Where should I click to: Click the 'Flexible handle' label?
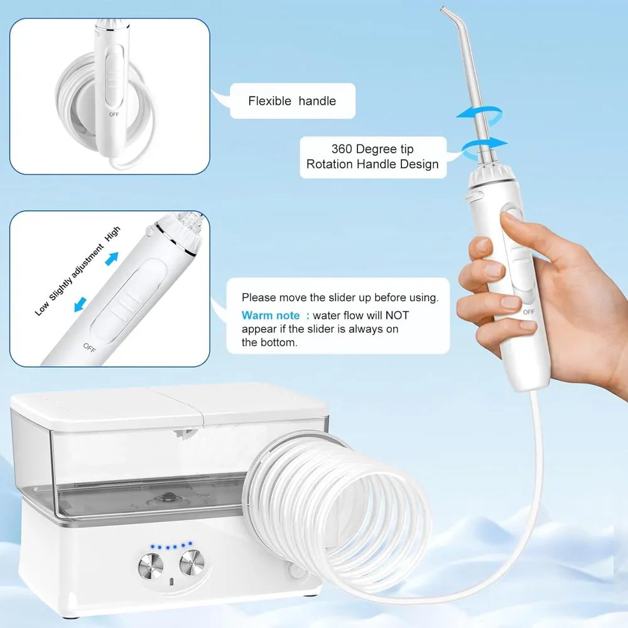point(292,101)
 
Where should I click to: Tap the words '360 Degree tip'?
point(372,149)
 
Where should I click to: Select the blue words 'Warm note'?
point(271,316)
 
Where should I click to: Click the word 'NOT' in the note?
point(397,316)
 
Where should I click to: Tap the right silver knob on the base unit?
point(192,562)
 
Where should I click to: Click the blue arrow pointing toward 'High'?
point(112,258)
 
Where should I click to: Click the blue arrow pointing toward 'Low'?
point(80,305)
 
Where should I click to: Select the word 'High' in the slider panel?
point(112,234)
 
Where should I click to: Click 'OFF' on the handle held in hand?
point(529,312)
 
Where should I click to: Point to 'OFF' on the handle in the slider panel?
point(89,348)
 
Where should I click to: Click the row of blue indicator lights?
point(171,546)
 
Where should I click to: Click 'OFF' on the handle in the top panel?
point(114,114)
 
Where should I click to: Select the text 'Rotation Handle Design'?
point(372,164)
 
